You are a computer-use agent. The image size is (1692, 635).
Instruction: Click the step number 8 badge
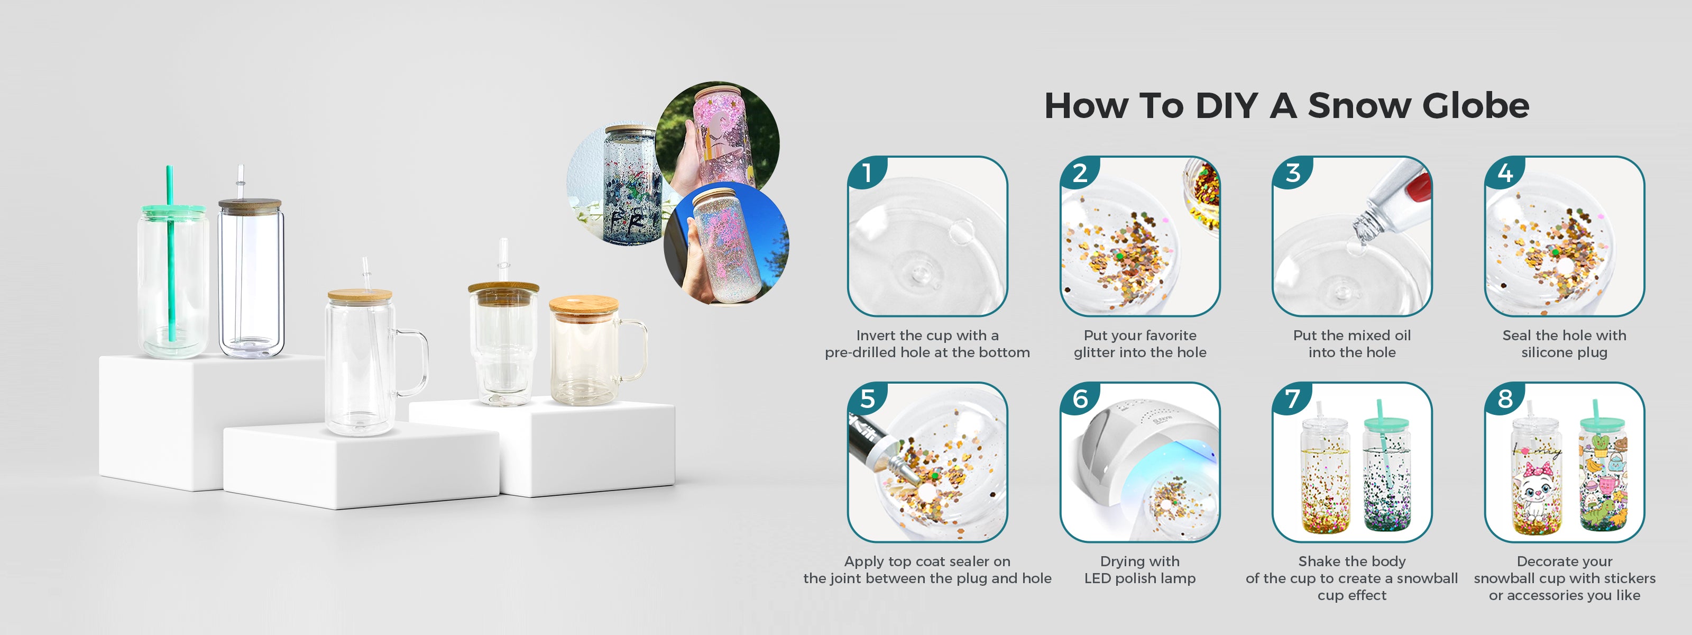tap(1505, 399)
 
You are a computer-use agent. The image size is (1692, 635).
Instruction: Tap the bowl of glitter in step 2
tap(1202, 194)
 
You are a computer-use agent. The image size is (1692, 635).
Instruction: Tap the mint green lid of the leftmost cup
tap(173, 211)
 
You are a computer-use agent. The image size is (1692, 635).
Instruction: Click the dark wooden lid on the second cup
tap(250, 205)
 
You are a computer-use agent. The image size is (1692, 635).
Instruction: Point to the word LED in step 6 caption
tap(1098, 578)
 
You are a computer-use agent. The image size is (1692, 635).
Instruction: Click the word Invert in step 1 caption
tap(876, 335)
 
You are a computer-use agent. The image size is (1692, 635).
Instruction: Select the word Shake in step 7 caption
tap(1318, 561)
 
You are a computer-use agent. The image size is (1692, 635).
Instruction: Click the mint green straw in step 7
tap(1383, 440)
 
